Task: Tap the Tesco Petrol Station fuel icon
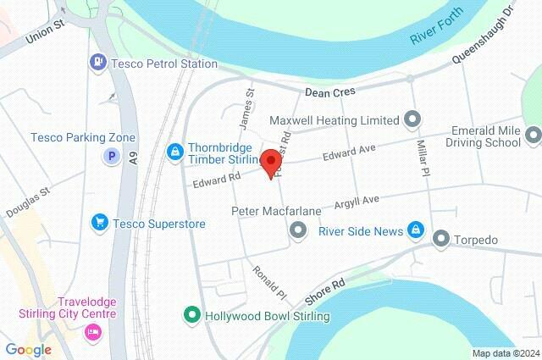(98, 62)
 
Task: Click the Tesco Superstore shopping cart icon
(99, 223)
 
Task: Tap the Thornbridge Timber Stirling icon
(174, 151)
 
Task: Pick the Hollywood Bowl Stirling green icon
(193, 316)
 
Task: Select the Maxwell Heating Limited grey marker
(413, 119)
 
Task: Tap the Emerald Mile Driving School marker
(532, 135)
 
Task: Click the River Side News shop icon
(416, 230)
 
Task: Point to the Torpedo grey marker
(440, 240)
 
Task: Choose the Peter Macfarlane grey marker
(297, 230)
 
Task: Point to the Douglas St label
(28, 203)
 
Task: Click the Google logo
(28, 349)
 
